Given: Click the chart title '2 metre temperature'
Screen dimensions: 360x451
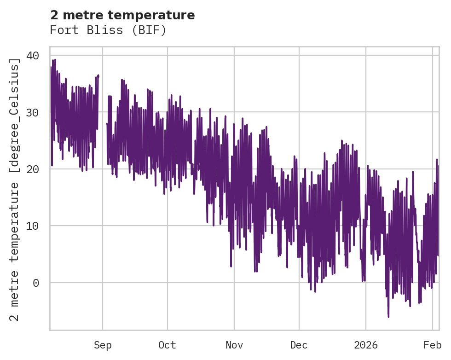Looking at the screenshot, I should click(x=122, y=15).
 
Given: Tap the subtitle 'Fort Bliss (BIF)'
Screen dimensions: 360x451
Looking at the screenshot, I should click(x=108, y=30).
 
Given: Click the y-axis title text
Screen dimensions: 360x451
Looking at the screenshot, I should click(x=16, y=189).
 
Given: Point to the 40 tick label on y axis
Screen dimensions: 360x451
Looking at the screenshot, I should click(x=33, y=56).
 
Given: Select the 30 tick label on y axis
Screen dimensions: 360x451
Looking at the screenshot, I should click(x=33, y=112).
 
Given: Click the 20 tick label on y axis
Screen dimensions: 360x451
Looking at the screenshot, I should click(x=33, y=169).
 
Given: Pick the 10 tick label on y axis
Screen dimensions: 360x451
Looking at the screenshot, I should click(x=33, y=226).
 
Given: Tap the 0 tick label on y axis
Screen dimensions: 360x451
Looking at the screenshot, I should click(x=36, y=283).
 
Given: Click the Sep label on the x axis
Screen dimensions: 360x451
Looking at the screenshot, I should click(x=103, y=345).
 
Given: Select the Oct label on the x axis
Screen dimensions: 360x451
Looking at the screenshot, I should click(x=167, y=345).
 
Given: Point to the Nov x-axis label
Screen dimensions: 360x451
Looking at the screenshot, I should click(x=234, y=345).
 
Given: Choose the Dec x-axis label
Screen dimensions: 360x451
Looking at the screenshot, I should click(x=299, y=345).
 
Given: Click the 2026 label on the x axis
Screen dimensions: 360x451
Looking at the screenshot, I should click(x=365, y=345).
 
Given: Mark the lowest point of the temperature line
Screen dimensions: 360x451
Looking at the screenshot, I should click(x=388, y=317).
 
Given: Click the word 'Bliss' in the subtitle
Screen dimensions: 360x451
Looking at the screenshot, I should click(x=108, y=30).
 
